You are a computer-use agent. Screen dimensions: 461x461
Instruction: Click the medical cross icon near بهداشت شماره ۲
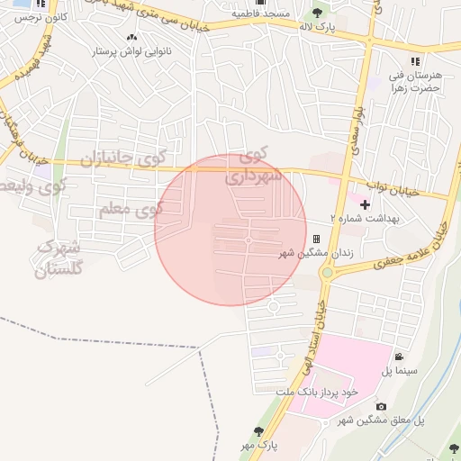[365, 205]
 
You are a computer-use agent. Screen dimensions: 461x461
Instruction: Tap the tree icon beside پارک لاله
[317, 12]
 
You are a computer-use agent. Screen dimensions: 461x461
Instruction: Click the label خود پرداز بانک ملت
[317, 392]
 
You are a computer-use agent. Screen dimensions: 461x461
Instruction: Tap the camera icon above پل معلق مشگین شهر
[381, 407]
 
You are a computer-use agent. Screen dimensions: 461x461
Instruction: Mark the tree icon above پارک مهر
[259, 431]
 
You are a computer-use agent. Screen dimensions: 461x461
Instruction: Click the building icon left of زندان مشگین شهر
[316, 239]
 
